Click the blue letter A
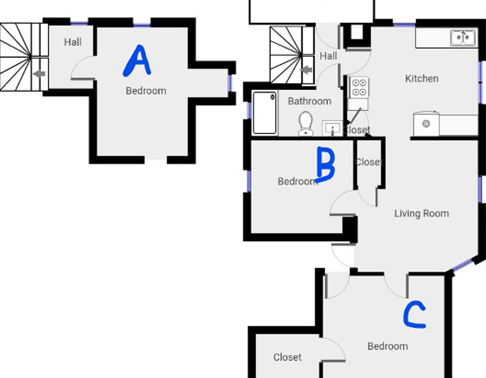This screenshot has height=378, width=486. pyautogui.click(x=137, y=61)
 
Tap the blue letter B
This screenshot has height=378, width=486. pyautogui.click(x=326, y=164)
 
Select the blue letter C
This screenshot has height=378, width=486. pyautogui.click(x=413, y=316)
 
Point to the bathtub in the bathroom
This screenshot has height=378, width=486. pyautogui.click(x=265, y=113)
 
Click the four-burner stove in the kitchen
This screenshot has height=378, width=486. pyautogui.click(x=359, y=87)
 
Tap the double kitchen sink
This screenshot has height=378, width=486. pyautogui.click(x=463, y=38)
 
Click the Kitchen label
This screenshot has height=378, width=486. pyautogui.click(x=421, y=79)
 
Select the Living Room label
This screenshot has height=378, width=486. pyautogui.click(x=421, y=214)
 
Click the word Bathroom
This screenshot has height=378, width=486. pyautogui.click(x=309, y=101)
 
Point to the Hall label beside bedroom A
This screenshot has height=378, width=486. pyautogui.click(x=73, y=42)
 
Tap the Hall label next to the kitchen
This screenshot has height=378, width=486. pyautogui.click(x=328, y=56)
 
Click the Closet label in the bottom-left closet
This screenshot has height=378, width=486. pyautogui.click(x=287, y=358)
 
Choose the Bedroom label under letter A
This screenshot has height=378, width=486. pyautogui.click(x=146, y=91)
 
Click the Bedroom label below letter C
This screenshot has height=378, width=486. pyautogui.click(x=387, y=346)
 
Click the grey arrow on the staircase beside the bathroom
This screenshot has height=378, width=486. pyautogui.click(x=306, y=69)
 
